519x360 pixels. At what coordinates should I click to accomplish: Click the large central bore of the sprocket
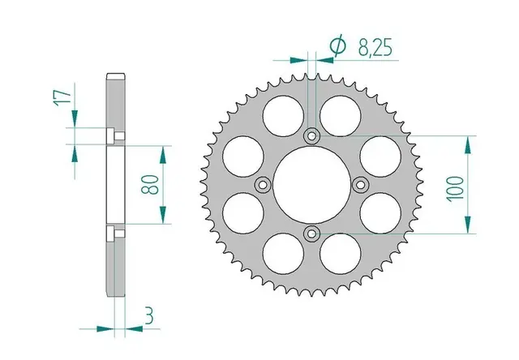pos(309,185)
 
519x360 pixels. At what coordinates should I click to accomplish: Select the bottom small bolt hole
pos(309,234)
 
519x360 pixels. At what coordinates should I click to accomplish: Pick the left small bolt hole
pos(260,186)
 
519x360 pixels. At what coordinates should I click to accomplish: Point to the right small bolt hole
pos(358,185)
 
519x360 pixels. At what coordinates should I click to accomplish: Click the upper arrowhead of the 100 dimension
pos(469,143)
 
